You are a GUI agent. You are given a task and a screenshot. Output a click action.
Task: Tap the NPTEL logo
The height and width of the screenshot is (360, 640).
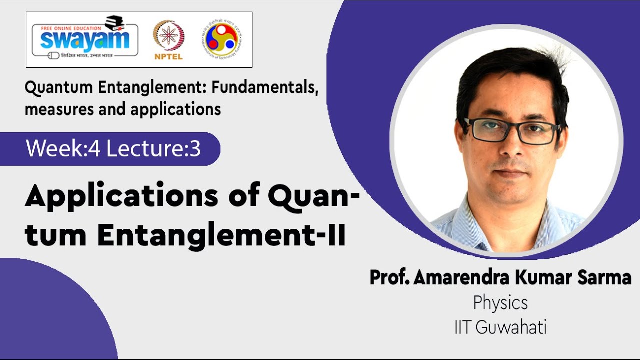coord(168,40)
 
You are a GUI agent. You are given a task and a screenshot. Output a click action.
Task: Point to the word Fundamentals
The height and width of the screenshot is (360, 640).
coord(264,88)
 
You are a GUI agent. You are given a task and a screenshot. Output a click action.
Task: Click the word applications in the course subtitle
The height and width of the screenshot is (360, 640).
coord(176,109)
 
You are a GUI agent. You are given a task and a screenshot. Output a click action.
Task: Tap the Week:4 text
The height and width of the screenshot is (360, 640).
coord(63,149)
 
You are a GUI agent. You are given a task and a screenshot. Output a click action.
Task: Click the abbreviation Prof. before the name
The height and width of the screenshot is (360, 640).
coord(389,277)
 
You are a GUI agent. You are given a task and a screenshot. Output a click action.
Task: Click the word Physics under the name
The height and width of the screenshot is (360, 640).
coord(500,303)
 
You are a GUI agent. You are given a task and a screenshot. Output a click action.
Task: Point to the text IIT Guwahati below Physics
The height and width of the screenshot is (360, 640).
coord(500,327)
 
